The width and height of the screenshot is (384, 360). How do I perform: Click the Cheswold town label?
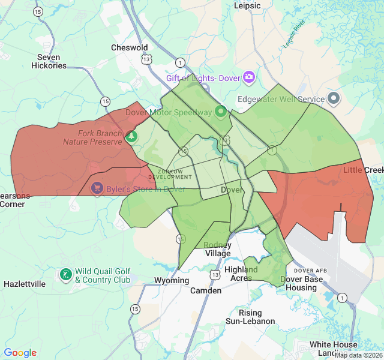point(130,47)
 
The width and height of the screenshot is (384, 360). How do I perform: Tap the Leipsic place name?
point(247,6)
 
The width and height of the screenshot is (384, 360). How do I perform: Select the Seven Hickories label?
point(49,62)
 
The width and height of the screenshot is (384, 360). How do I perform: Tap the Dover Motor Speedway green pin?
point(221,112)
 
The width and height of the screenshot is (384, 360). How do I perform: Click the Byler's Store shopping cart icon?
point(97,189)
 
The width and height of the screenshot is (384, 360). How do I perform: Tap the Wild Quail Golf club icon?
point(65,275)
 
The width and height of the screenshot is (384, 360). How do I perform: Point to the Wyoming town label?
point(172,280)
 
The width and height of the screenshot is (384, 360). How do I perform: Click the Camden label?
point(206,290)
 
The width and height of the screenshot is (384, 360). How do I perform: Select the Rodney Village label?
point(217,249)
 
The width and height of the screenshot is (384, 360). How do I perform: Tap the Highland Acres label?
point(241,274)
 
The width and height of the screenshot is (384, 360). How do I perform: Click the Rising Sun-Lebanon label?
point(250,317)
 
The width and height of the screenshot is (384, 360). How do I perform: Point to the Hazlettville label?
point(25,284)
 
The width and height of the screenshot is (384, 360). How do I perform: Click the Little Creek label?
point(363,170)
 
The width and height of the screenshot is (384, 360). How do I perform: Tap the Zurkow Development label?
point(170,174)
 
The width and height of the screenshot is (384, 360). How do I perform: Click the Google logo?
point(20,353)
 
